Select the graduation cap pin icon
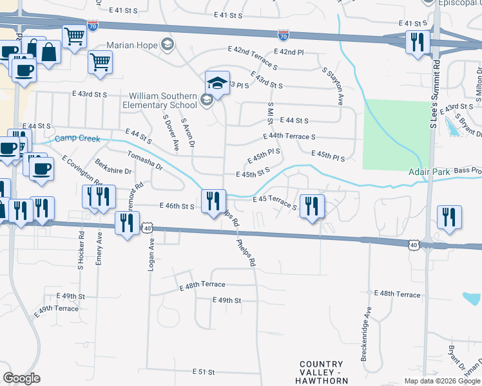click(x=218, y=83)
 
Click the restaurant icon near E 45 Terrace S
click(x=312, y=207)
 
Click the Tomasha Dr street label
click(x=145, y=160)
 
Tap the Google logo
click(x=21, y=378)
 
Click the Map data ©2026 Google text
click(x=441, y=381)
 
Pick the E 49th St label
click(x=226, y=300)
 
